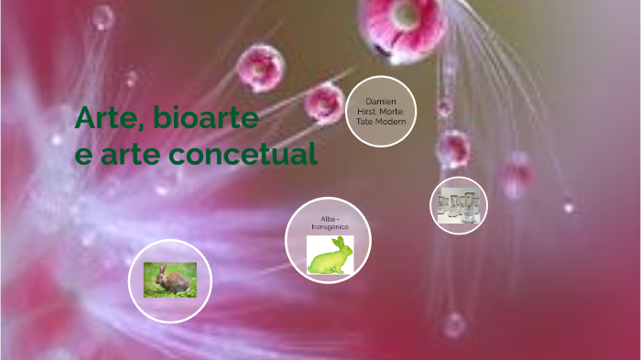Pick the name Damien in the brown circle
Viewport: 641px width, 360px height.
coord(381,101)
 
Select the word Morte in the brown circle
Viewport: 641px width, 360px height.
coord(392,111)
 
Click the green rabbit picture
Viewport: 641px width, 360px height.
coord(330,256)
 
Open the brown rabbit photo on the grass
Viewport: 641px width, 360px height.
coord(169,280)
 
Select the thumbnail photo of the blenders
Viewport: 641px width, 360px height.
coord(459,205)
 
